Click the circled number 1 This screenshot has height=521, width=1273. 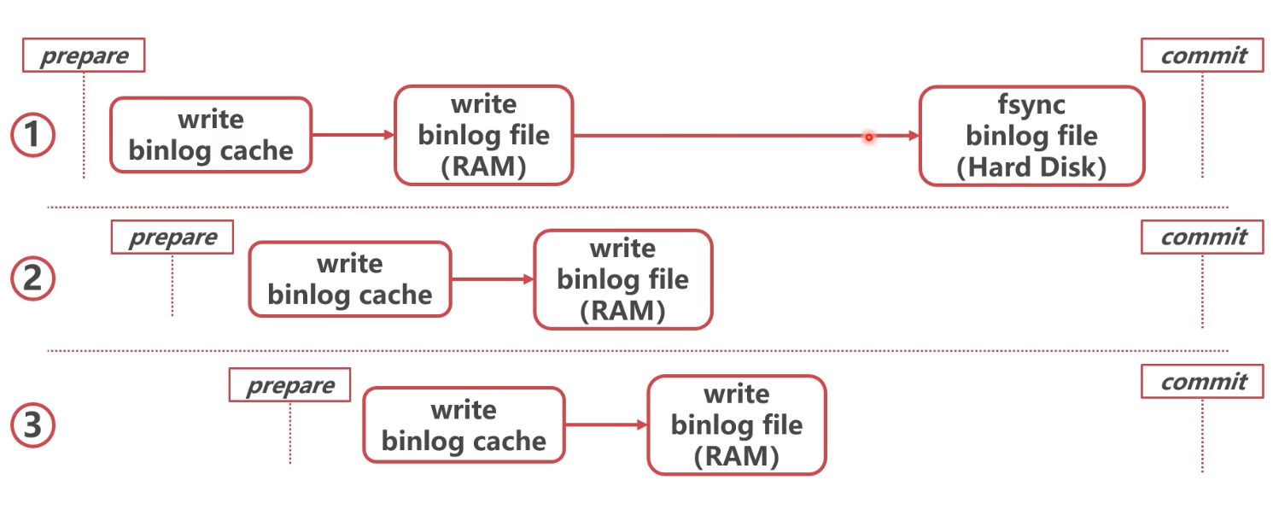pyautogui.click(x=32, y=136)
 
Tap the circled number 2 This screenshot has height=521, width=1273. pyautogui.click(x=32, y=279)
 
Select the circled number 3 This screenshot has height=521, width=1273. pyautogui.click(x=32, y=425)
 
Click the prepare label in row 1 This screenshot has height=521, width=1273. pyautogui.click(x=84, y=56)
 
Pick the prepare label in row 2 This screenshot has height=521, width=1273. pyautogui.click(x=172, y=237)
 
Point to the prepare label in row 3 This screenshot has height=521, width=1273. pyautogui.click(x=290, y=385)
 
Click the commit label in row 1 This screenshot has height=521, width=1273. pyautogui.click(x=1202, y=56)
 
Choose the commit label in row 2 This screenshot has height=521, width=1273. pyautogui.click(x=1202, y=237)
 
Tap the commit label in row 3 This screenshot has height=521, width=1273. pyautogui.click(x=1202, y=382)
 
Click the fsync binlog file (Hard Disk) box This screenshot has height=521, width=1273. pyautogui.click(x=1031, y=136)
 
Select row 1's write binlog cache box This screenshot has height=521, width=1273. pyautogui.click(x=211, y=135)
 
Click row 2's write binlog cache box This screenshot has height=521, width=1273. pyautogui.click(x=349, y=279)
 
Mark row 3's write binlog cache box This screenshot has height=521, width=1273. pyautogui.click(x=464, y=425)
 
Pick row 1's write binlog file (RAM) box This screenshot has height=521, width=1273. pyautogui.click(x=483, y=135)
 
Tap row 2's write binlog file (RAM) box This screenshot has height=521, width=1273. pyautogui.click(x=622, y=279)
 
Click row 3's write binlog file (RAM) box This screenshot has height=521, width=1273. pyautogui.click(x=736, y=425)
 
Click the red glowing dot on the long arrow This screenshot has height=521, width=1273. pyautogui.click(x=868, y=137)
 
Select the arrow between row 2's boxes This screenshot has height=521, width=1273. pyautogui.click(x=492, y=279)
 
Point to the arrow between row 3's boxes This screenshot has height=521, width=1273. pyautogui.click(x=605, y=425)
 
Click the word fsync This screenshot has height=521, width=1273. pyautogui.click(x=1031, y=104)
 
